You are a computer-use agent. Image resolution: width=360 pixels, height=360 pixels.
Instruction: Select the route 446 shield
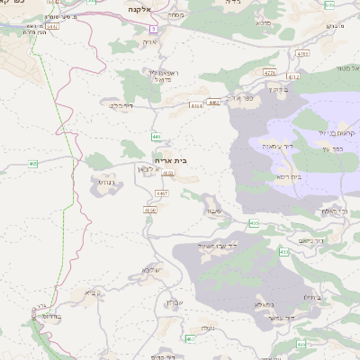[x=156, y=136]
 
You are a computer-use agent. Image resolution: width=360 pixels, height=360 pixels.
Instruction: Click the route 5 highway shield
[x=154, y=30]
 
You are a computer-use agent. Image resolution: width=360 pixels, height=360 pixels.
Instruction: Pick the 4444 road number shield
[x=196, y=105]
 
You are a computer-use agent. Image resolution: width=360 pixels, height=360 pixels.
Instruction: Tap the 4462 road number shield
[x=212, y=103]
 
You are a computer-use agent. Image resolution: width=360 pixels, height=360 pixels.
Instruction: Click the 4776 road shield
[x=269, y=72]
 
